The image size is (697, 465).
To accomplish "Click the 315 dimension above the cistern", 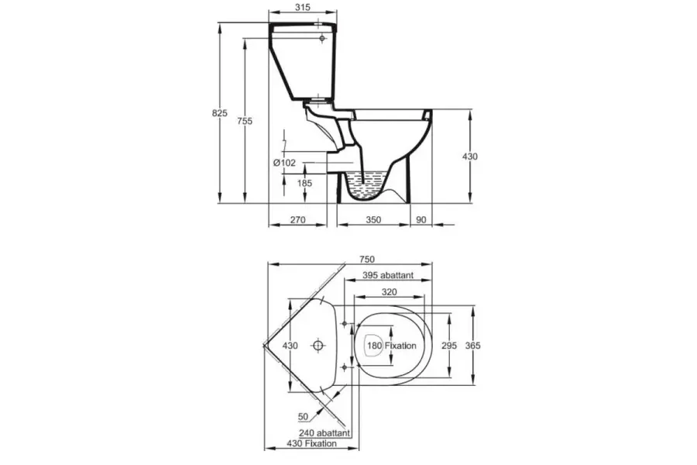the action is pyautogui.click(x=302, y=7).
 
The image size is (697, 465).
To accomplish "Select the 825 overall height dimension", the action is pyautogui.click(x=220, y=113).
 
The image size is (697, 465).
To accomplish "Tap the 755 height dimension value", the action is pyautogui.click(x=245, y=121).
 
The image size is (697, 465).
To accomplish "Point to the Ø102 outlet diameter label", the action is pyautogui.click(x=284, y=163).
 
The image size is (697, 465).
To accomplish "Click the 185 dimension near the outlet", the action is pyautogui.click(x=304, y=183).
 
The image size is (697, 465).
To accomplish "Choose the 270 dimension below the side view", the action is pyautogui.click(x=297, y=219).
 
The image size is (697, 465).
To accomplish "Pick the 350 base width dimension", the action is pyautogui.click(x=373, y=219).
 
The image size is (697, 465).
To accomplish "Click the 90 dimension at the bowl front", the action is pyautogui.click(x=421, y=219).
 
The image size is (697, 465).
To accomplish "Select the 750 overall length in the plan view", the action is pyautogui.click(x=367, y=259).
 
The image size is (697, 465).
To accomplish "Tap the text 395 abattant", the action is pyautogui.click(x=388, y=275).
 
